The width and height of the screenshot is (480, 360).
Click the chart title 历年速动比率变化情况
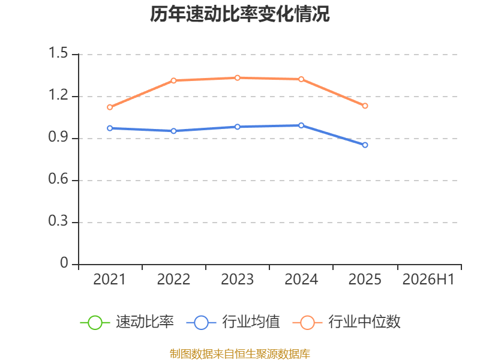(239, 14)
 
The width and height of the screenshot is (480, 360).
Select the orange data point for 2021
(110, 107)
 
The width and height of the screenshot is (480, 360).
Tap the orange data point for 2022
(173, 80)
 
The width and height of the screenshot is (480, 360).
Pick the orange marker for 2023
(237, 78)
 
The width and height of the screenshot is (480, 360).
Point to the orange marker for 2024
(301, 79)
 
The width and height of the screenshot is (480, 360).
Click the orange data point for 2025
(365, 106)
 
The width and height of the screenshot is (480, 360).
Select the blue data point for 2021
(110, 128)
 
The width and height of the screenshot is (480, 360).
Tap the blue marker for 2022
(173, 131)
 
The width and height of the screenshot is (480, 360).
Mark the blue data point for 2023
(237, 127)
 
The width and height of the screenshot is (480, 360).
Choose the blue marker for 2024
(301, 125)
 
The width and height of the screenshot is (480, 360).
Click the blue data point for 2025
(365, 145)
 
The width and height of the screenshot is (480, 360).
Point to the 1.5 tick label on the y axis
(58, 53)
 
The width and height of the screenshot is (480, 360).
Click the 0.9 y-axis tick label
(58, 137)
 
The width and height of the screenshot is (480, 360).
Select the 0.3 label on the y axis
(58, 221)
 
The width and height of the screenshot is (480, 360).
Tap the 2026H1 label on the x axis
(428, 280)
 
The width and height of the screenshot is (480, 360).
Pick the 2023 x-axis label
(237, 280)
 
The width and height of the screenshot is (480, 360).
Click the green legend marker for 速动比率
(95, 323)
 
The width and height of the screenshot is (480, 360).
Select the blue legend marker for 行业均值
(201, 323)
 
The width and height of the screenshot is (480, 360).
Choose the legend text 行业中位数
(364, 322)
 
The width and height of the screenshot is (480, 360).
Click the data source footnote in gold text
(240, 354)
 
